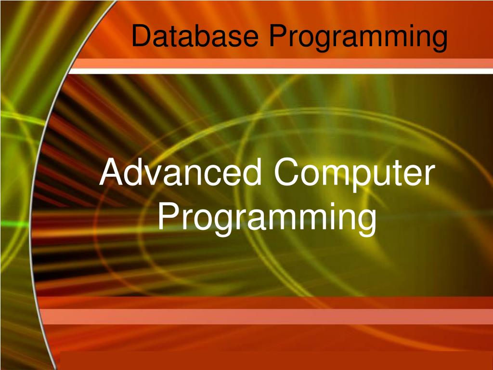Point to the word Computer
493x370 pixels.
tap(354, 175)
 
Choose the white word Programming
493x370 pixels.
tap(267, 219)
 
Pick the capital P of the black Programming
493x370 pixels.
tap(279, 35)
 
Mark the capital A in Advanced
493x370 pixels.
tap(112, 172)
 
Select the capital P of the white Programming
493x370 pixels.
tap(169, 216)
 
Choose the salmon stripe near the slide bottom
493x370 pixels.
tap(267, 317)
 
